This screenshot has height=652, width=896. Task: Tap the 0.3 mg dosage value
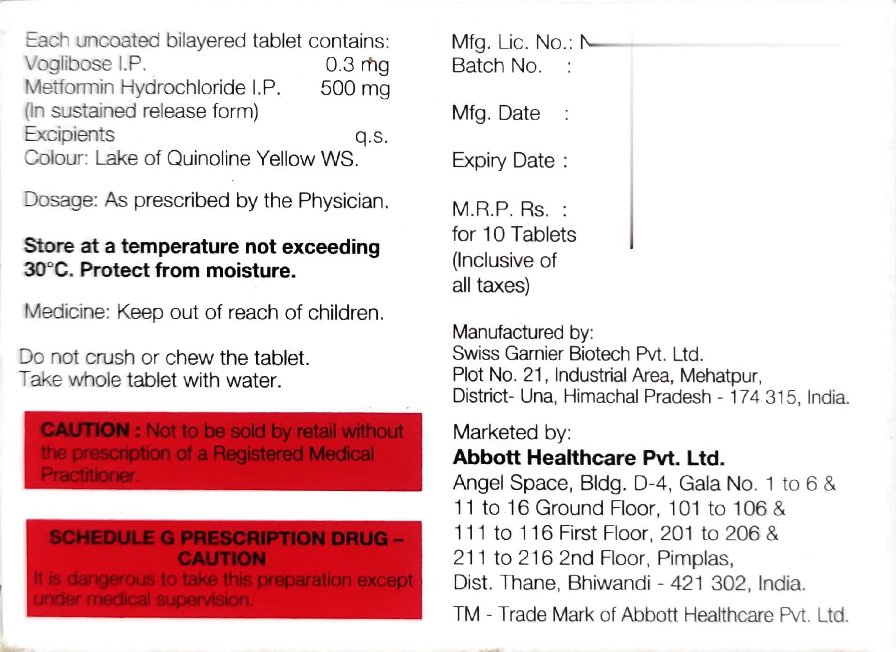click(x=357, y=65)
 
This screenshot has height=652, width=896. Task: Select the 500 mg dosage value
click(x=355, y=88)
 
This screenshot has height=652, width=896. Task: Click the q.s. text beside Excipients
click(x=371, y=136)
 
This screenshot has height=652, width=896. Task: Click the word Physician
click(x=343, y=201)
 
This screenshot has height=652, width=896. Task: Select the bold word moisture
click(x=251, y=271)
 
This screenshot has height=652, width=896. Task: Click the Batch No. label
click(x=497, y=66)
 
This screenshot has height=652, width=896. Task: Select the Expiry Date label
click(x=503, y=161)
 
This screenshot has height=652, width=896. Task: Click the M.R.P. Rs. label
click(x=500, y=209)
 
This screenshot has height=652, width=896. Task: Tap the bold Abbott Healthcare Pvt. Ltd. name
click(x=589, y=458)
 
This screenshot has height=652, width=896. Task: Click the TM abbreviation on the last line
click(x=466, y=614)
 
